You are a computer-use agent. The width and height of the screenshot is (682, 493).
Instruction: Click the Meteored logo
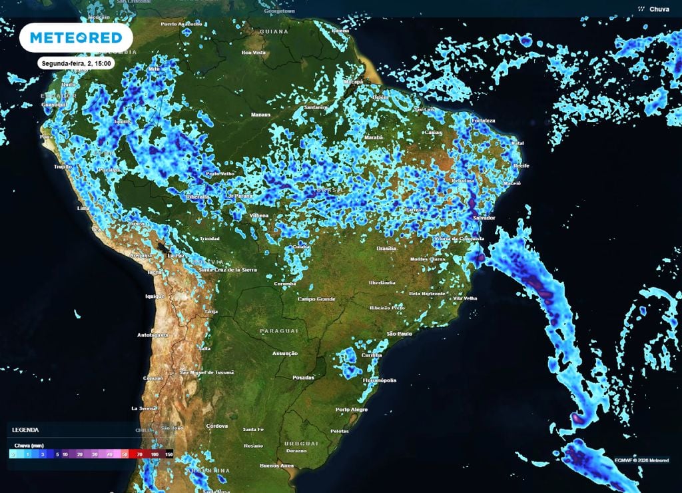click(x=76, y=37)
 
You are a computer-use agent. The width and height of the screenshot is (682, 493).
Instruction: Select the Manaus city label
click(x=260, y=115)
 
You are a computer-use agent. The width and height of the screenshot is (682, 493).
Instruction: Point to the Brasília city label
click(x=387, y=248)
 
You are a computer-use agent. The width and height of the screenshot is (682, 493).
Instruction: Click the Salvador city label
click(x=484, y=218)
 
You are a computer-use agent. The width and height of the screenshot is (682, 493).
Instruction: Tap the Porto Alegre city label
click(x=351, y=409)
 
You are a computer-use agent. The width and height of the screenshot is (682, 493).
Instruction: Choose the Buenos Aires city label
click(x=278, y=465)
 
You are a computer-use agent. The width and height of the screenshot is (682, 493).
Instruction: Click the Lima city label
click(x=83, y=209)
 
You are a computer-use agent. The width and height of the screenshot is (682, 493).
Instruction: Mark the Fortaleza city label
click(x=483, y=121)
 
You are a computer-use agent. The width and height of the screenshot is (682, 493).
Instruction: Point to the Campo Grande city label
click(x=316, y=298)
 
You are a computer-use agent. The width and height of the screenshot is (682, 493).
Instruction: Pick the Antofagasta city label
click(x=153, y=334)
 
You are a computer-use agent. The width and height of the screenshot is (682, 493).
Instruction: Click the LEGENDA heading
click(x=25, y=430)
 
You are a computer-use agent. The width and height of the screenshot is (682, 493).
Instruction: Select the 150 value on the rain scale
click(x=169, y=454)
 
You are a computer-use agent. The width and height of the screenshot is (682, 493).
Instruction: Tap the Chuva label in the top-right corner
click(x=659, y=9)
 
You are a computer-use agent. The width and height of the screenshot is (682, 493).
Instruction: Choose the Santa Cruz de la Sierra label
click(x=228, y=270)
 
